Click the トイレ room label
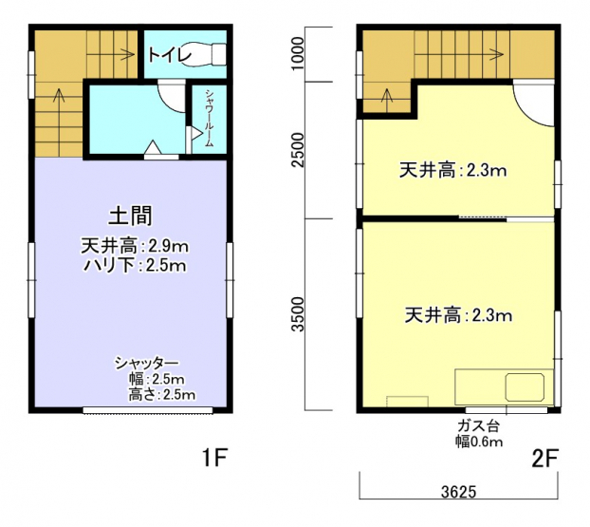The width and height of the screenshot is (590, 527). [x=170, y=55]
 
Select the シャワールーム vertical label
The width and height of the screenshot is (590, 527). [x=210, y=118]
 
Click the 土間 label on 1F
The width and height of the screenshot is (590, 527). [x=130, y=216]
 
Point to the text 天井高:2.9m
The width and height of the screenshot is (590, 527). [x=135, y=246]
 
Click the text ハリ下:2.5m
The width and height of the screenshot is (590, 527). [x=135, y=266]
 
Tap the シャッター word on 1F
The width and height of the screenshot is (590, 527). [x=146, y=363]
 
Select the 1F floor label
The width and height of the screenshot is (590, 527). [x=215, y=458]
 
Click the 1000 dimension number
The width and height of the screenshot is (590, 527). [x=298, y=53]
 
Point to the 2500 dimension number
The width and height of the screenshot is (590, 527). [x=299, y=149]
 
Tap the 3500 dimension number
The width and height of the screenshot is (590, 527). [x=299, y=314]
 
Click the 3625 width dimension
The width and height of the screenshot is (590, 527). [x=459, y=492]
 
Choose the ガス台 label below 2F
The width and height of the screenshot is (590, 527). [x=478, y=426]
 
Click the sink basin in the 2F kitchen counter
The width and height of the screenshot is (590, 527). [x=525, y=386]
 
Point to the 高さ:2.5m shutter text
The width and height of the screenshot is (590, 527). [x=162, y=394]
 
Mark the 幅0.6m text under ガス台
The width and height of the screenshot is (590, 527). [x=479, y=441]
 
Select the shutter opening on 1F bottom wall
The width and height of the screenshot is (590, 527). [x=148, y=410]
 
